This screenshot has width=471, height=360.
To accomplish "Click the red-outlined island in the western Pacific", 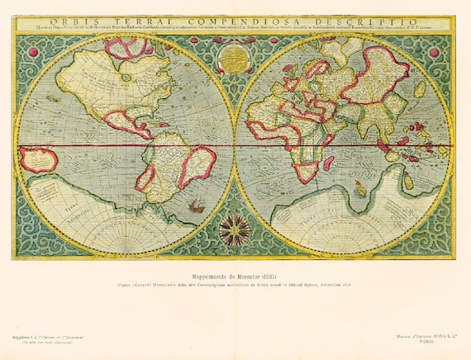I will pyautogui.click(x=39, y=159).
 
